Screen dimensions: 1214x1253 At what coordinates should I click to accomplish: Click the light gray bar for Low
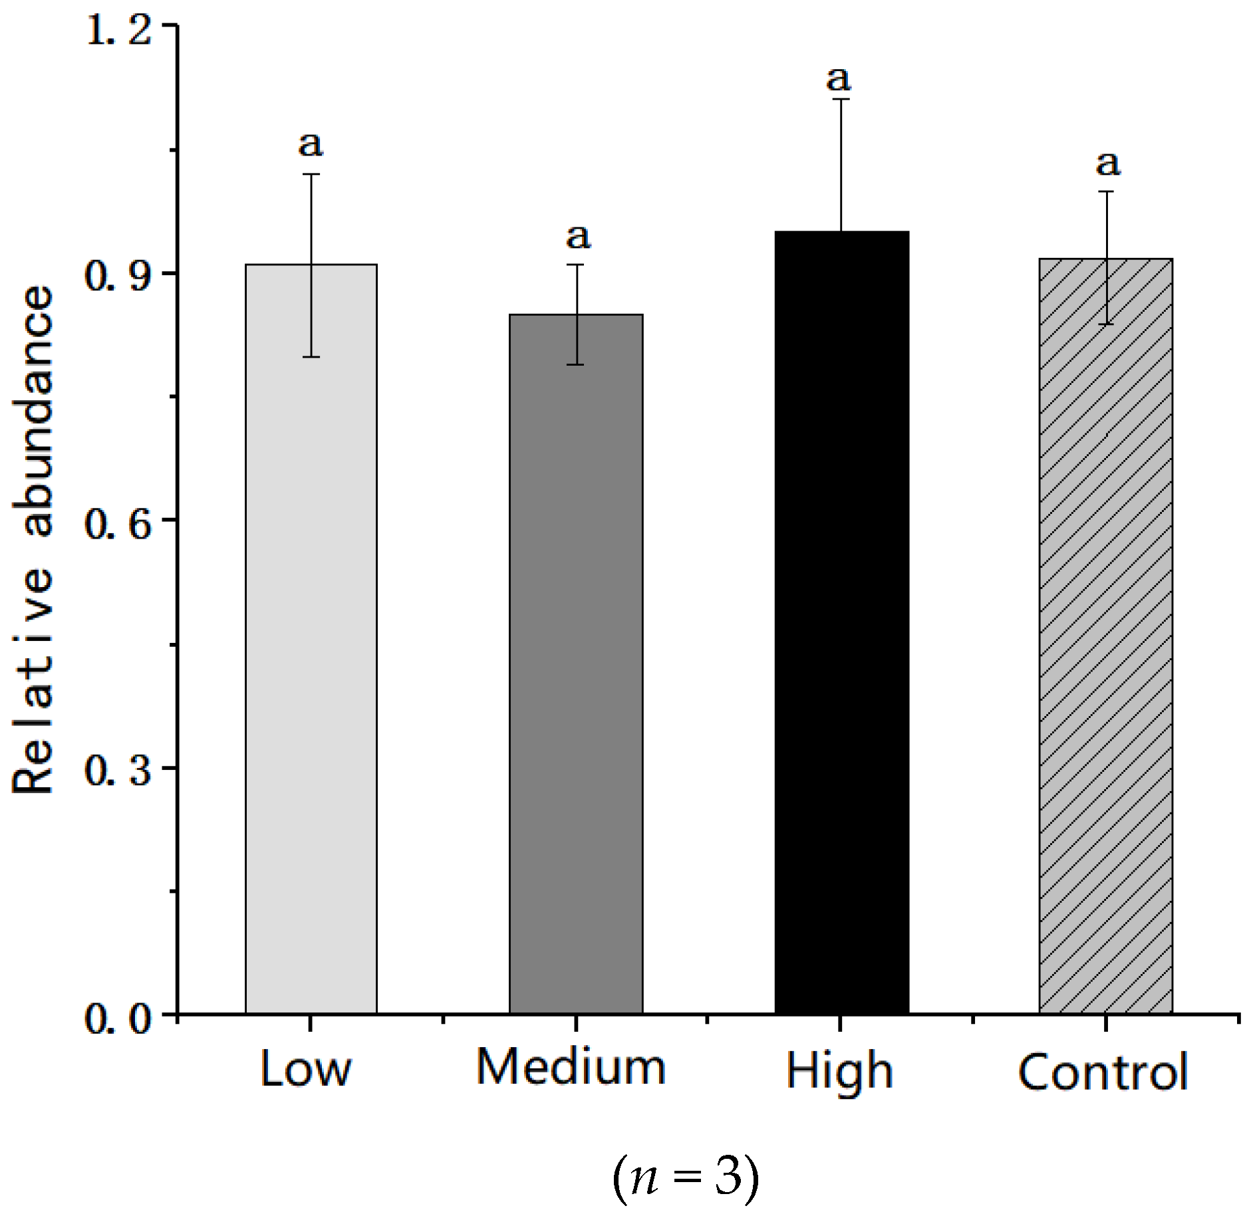coord(311,638)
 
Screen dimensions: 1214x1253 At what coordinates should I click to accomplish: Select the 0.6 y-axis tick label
coord(118,524)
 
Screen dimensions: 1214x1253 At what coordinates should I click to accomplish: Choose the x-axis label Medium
coord(571,1068)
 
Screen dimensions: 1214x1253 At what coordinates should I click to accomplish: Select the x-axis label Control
coord(1103,1072)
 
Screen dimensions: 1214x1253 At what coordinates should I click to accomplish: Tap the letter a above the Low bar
coord(311,144)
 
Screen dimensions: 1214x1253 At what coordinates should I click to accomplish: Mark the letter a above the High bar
coord(839,79)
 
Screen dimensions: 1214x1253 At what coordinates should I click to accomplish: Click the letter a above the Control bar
coord(1108,164)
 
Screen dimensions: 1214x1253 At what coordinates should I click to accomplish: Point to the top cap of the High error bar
coord(841,99)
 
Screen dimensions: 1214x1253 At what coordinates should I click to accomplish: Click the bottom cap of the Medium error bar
coord(576,364)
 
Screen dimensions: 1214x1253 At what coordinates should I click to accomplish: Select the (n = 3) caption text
coord(685,1175)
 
